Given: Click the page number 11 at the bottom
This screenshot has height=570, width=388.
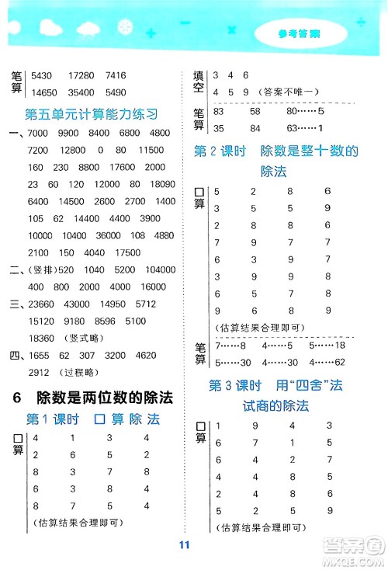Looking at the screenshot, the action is pyautogui.click(x=184, y=544).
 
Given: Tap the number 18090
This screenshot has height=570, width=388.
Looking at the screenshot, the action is pyautogui.click(x=155, y=185).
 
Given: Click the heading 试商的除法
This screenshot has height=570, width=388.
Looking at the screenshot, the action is pyautogui.click(x=275, y=405).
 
